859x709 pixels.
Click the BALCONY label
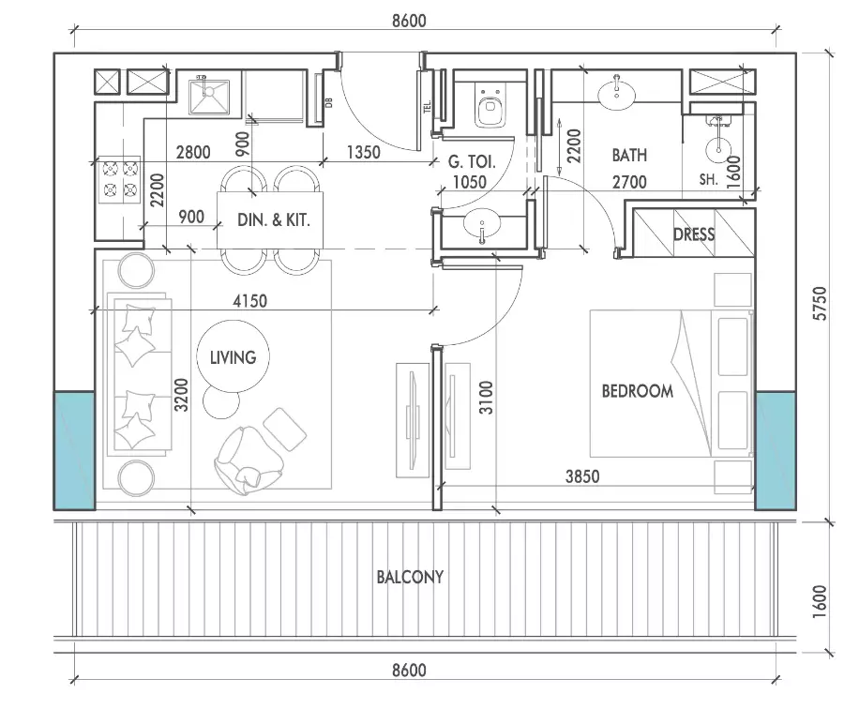point(410,577)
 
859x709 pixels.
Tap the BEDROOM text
point(637,391)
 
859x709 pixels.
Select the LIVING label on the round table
point(233,357)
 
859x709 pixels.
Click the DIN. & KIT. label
point(274,220)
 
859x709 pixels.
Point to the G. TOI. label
point(472,161)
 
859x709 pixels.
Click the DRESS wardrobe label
point(694,234)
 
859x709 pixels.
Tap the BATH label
point(629,155)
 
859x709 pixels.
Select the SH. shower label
point(708,179)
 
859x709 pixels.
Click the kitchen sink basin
point(209,97)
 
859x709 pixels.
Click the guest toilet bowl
point(490,108)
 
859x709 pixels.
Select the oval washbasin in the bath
point(616,95)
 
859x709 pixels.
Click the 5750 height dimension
point(820,303)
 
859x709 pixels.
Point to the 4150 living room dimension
point(249,301)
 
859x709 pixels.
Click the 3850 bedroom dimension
point(582,476)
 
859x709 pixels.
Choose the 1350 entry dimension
point(364,152)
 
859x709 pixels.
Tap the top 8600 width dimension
point(409,21)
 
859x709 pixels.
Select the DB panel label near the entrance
point(329,102)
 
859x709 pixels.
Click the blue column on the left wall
point(74,450)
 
